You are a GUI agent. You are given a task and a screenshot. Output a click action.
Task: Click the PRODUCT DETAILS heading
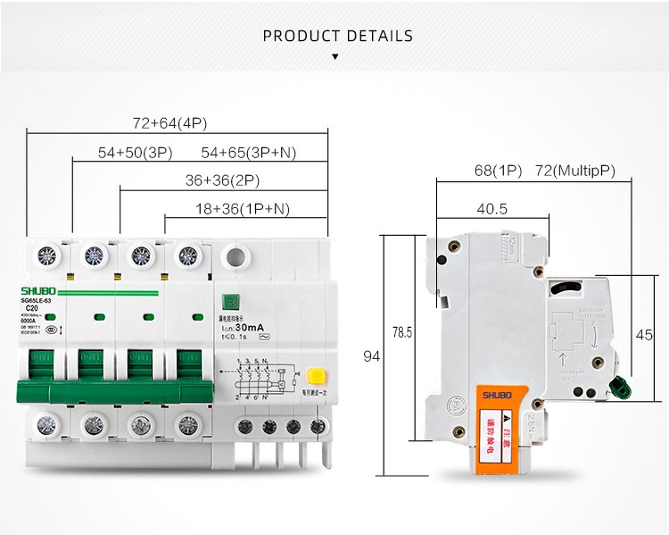[x=338, y=37]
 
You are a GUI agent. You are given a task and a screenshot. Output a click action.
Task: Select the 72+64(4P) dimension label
[x=169, y=123]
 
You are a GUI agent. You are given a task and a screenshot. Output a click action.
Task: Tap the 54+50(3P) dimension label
[x=134, y=153]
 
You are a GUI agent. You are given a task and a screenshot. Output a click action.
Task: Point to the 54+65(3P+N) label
[x=248, y=153]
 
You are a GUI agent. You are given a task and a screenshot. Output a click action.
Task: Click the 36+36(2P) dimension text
[x=222, y=180]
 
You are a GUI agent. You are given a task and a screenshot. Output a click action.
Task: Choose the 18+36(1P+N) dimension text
[x=243, y=209]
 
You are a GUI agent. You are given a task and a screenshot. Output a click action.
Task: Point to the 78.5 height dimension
[x=402, y=332]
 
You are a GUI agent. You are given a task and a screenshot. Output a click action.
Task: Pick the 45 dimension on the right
[x=643, y=335]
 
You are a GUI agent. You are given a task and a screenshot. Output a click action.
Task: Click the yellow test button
[x=314, y=376]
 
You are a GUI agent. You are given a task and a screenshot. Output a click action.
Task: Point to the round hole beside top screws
[x=235, y=256]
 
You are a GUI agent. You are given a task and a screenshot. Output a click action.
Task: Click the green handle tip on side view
[x=618, y=387]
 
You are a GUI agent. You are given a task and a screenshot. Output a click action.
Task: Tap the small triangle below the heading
[x=334, y=56]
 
